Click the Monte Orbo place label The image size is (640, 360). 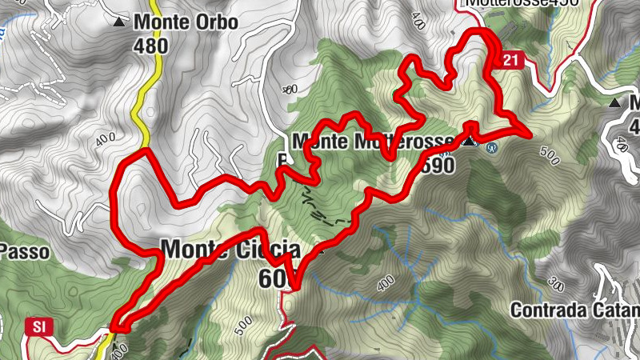186,22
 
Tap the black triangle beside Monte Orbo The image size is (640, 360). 120,22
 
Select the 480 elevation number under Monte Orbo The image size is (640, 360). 150,46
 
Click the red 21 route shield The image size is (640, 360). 513,60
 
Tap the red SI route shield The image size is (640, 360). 38,326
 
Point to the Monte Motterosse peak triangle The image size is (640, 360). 470,142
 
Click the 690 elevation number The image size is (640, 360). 435,166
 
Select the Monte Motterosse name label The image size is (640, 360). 372,142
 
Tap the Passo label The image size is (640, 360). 25,252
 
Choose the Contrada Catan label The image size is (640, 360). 574,309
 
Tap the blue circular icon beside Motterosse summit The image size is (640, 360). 492,147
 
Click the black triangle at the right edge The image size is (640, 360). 615,102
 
